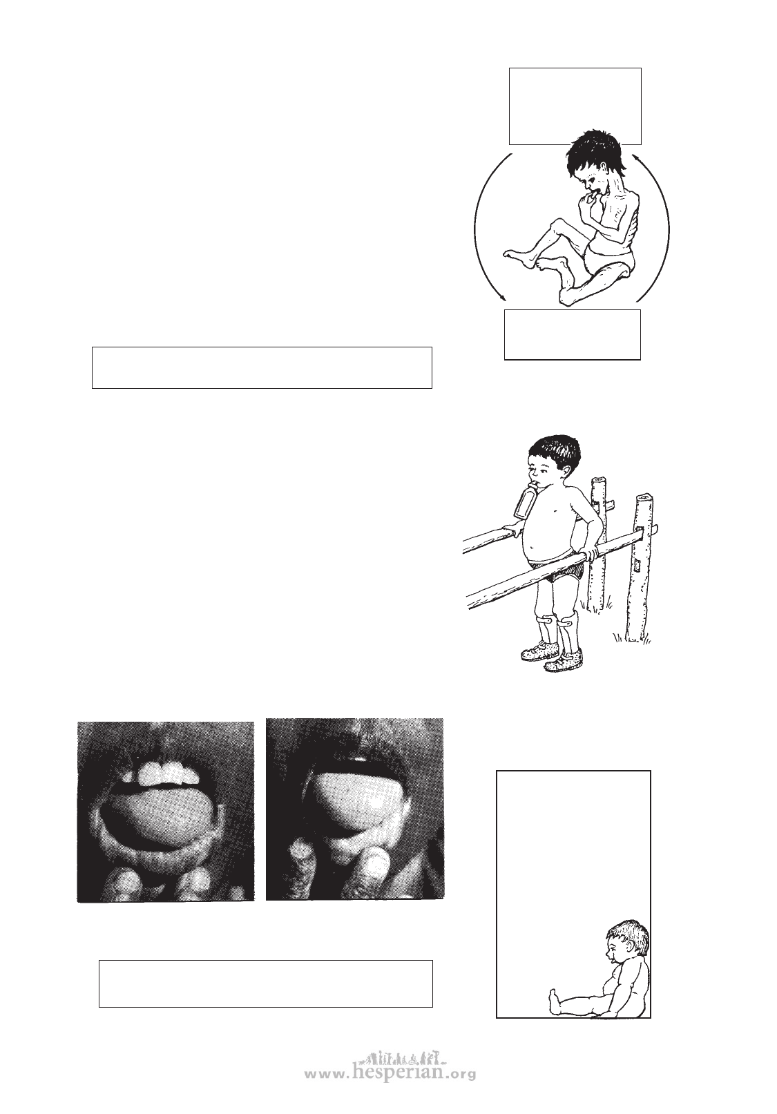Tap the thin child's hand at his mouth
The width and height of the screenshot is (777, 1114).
589,198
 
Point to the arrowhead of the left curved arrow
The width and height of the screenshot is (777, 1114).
504,298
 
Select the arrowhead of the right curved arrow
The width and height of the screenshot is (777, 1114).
636,157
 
